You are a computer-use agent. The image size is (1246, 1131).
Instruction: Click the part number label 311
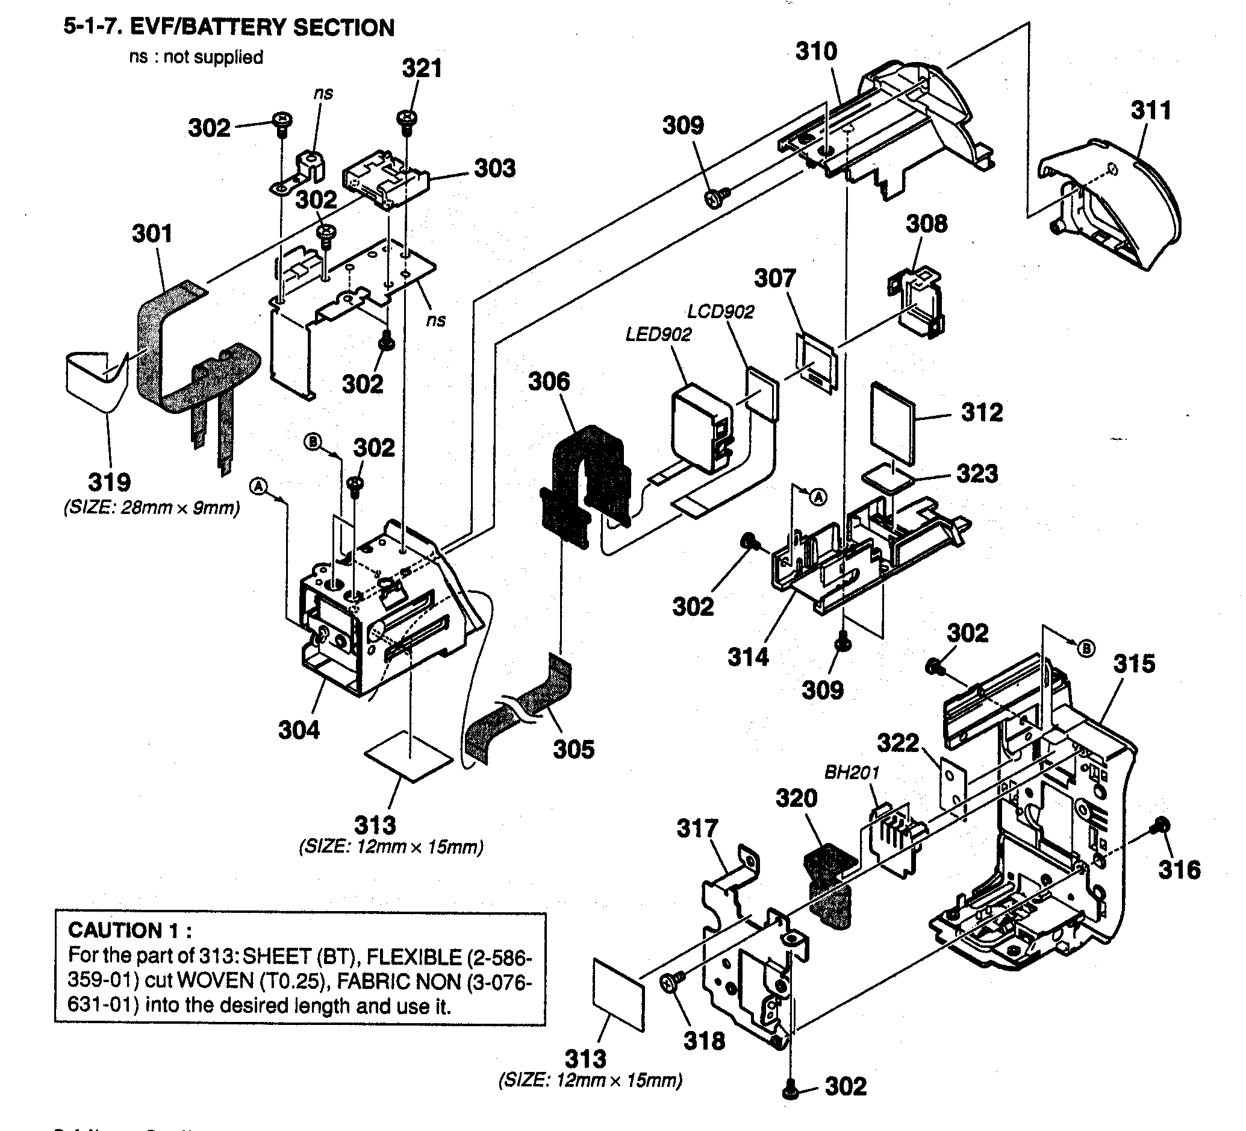1151,111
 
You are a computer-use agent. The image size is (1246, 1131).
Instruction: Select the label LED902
658,334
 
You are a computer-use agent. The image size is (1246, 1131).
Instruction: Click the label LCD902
721,311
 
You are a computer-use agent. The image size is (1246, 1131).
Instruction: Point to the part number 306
549,381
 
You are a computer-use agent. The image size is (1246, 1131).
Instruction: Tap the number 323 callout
977,474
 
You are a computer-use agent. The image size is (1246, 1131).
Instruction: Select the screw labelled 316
1160,825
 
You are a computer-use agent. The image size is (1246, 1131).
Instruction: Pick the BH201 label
852,772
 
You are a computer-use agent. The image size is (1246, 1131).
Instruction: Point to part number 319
110,482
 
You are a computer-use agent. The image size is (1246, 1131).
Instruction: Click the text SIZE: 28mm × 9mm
151,509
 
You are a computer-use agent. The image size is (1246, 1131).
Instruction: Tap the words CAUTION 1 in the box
130,930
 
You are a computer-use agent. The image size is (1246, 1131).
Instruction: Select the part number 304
299,730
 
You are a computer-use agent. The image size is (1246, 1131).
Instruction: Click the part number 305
573,750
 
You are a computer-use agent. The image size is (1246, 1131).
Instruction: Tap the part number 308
926,224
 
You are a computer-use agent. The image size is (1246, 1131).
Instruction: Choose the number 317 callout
697,829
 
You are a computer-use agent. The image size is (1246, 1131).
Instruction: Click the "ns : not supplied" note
196,57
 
